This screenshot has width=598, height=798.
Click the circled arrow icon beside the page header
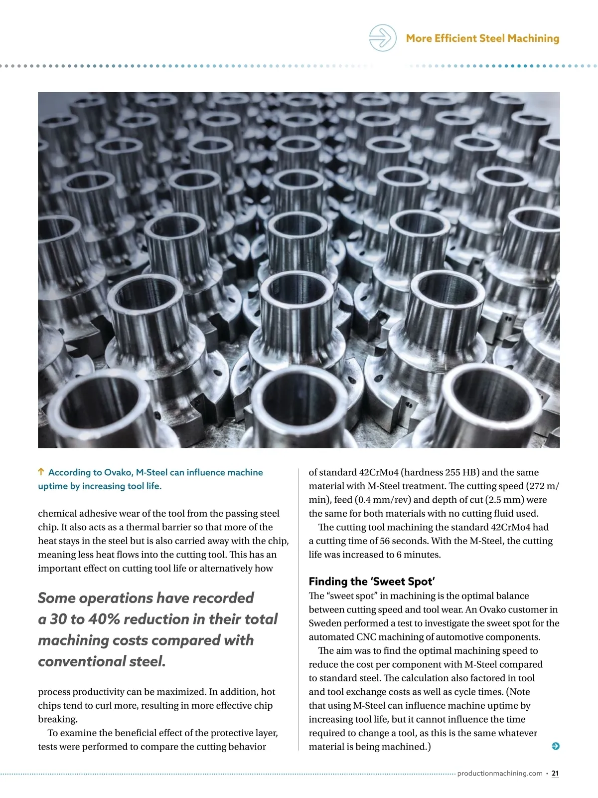pyautogui.click(x=382, y=38)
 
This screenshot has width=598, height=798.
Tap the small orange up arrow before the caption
pyautogui.click(x=41, y=472)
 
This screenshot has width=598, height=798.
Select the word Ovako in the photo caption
pyautogui.click(x=117, y=472)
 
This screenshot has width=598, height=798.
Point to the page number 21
pyautogui.click(x=555, y=773)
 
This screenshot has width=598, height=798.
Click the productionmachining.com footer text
pyautogui.click(x=499, y=773)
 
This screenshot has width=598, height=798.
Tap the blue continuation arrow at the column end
pyautogui.click(x=556, y=746)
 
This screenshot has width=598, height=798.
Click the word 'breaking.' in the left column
pyautogui.click(x=58, y=719)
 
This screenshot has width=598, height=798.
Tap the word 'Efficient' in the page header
pyautogui.click(x=455, y=38)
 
